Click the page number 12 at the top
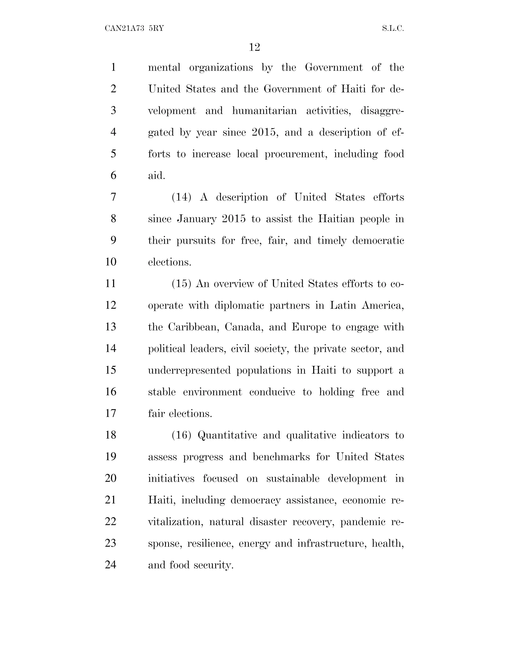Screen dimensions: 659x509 point(254,47)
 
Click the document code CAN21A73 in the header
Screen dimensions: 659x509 point(125,28)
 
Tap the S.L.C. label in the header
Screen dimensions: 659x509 point(393,28)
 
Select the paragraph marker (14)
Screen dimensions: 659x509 point(181,197)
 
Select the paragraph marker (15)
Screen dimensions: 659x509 point(181,284)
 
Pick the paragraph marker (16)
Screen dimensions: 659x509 point(181,435)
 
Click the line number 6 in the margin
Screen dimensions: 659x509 point(113,175)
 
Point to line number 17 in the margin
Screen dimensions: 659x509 point(111,413)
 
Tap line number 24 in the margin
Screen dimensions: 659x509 point(111,565)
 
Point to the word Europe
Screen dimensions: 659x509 point(309,327)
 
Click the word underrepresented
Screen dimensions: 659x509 point(189,371)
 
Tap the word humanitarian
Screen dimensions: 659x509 point(264,111)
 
